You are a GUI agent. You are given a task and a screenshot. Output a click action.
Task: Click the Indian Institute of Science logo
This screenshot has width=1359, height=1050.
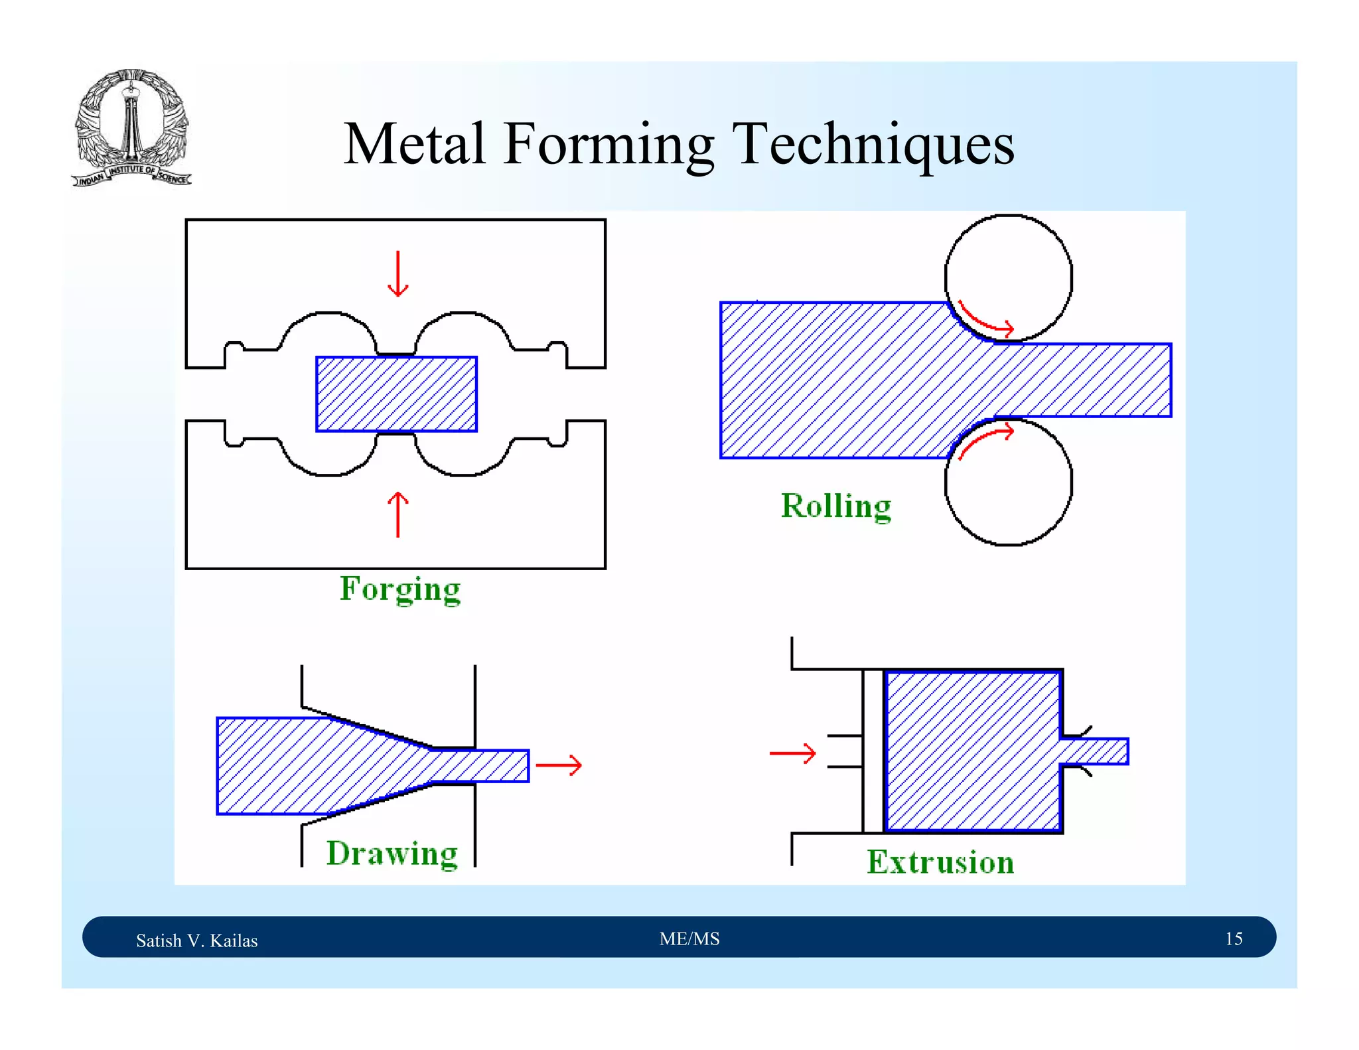(x=131, y=127)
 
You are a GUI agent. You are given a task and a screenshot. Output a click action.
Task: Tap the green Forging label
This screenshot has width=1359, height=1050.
(x=400, y=589)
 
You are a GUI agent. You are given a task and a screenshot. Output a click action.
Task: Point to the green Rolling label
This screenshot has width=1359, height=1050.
(x=835, y=506)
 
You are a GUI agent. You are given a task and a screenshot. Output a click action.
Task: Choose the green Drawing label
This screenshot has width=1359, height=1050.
(x=392, y=853)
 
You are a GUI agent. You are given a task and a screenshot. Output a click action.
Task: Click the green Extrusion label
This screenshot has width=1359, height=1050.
(x=940, y=862)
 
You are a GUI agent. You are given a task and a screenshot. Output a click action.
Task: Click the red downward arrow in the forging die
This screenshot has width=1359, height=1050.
(x=397, y=273)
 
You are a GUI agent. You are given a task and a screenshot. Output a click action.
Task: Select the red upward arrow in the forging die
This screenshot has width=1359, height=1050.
(x=397, y=514)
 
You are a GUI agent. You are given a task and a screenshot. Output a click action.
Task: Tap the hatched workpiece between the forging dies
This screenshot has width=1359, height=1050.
(x=396, y=394)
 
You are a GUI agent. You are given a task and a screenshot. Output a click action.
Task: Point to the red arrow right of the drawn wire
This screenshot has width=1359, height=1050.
(x=559, y=765)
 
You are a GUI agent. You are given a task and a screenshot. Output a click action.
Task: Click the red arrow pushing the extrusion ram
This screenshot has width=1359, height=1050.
(x=792, y=753)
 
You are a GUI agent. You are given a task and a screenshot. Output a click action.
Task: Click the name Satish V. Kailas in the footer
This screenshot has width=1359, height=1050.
(x=196, y=940)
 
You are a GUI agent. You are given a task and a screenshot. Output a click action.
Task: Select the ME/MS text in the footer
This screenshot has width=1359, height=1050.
(x=689, y=938)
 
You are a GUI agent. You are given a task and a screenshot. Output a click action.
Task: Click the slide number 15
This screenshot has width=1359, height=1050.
(x=1234, y=938)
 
